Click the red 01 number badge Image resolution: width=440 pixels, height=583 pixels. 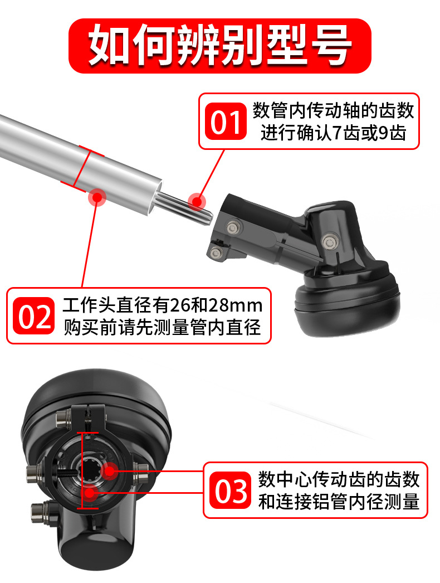(x=226, y=122)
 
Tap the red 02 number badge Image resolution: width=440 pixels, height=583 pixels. (x=34, y=315)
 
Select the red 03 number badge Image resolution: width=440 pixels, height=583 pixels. (x=231, y=490)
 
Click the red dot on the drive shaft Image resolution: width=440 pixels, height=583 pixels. (x=197, y=202)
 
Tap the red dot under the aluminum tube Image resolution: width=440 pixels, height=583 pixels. (x=97, y=197)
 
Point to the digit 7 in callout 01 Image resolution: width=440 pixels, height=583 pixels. (x=337, y=133)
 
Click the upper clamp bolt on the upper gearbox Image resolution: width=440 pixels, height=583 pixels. (x=233, y=227)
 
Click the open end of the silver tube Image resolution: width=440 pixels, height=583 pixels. (x=156, y=197)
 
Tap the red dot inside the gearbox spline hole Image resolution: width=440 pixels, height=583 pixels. (x=109, y=471)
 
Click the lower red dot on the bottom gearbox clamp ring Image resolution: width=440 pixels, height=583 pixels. (x=90, y=493)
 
